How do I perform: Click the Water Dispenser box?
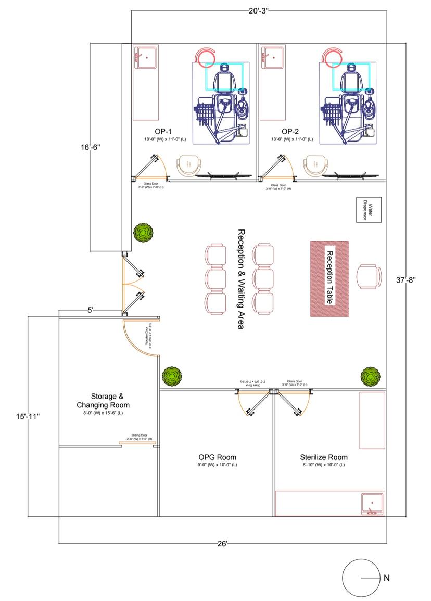point(366,210)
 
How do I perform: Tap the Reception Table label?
point(329,278)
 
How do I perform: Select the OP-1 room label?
point(163,131)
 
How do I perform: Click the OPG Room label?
point(217,457)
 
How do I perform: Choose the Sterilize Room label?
point(323,457)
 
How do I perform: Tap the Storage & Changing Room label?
point(103,400)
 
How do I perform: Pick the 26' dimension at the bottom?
point(222,544)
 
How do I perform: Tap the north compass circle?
point(359,578)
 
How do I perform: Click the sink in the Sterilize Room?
point(372,503)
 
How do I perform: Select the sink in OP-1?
point(146,57)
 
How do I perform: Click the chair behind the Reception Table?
point(368,276)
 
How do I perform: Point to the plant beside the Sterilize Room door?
point(370,375)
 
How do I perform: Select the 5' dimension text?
point(91,310)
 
